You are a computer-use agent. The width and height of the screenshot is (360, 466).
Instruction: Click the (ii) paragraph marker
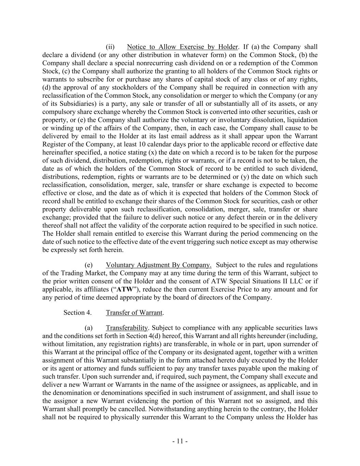pos(110,47)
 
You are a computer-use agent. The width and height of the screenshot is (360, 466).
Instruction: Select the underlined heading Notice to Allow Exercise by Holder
pos(182,47)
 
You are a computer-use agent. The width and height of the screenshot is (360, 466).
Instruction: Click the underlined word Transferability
pos(127,328)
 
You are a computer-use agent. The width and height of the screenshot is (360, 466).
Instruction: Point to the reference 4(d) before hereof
pos(154,336)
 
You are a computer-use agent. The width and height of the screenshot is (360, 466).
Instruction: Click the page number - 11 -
pos(180,441)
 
